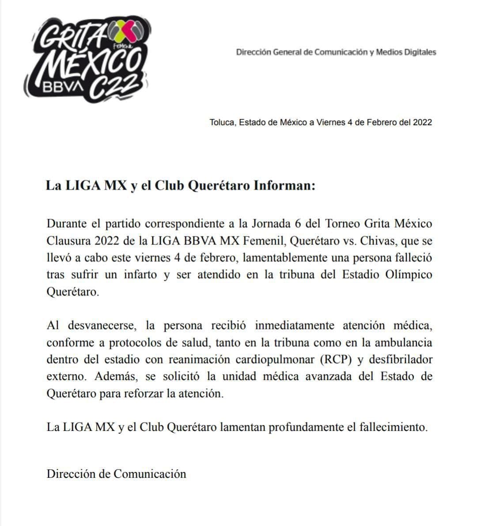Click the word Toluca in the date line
point(222,122)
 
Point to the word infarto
point(140,274)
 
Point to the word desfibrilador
point(399,359)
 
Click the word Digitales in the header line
point(419,52)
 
